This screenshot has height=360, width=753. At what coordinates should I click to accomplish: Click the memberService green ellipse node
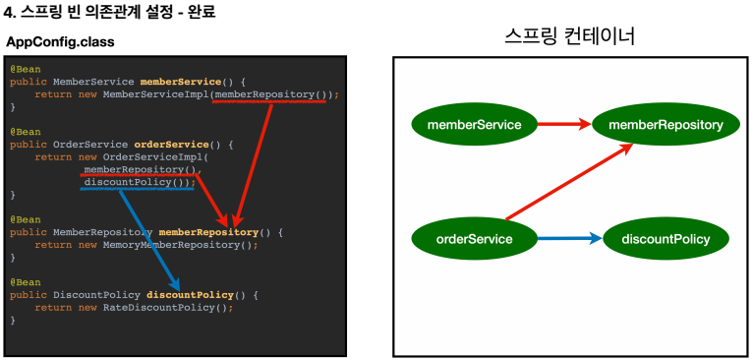tap(474, 125)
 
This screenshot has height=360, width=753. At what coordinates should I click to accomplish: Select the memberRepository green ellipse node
tap(666, 126)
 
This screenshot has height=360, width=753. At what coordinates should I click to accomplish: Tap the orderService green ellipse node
tap(474, 239)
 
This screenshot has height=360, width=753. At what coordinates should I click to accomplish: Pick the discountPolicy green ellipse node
tap(666, 239)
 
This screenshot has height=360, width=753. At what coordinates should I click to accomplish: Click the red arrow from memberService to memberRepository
tap(564, 125)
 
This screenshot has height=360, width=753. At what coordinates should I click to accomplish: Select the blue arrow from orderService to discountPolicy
tap(569, 238)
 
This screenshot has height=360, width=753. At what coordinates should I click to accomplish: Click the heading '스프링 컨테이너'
tap(570, 36)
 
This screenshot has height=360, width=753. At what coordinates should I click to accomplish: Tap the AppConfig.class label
tap(61, 42)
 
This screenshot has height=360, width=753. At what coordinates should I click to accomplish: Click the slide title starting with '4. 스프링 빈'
tap(109, 13)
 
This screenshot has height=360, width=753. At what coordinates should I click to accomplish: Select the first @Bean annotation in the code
tap(26, 69)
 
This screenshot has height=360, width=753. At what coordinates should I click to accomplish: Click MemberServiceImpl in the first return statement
tap(155, 94)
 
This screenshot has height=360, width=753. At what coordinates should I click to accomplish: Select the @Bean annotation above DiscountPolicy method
tap(26, 282)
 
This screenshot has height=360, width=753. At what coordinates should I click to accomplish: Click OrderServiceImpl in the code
tap(152, 156)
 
